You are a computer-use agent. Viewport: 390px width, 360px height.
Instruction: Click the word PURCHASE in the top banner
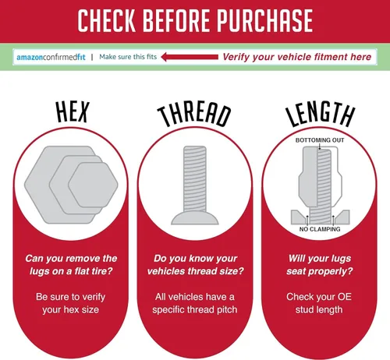(x=264, y=21)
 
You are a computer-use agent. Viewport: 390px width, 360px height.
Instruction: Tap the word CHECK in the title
(x=107, y=21)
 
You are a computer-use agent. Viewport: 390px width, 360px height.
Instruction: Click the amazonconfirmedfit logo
(x=51, y=57)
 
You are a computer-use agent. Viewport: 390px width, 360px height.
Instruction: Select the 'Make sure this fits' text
(x=128, y=57)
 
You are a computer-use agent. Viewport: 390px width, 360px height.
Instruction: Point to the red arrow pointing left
(x=190, y=57)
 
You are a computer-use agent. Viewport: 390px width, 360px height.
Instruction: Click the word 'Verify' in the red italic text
(x=236, y=57)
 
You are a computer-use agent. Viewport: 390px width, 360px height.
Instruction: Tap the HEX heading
(x=73, y=112)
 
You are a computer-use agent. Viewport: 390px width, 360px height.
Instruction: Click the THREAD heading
(x=194, y=115)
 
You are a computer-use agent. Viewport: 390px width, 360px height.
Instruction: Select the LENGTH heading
(x=321, y=114)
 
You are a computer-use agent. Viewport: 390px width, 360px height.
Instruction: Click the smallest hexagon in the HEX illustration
(x=93, y=185)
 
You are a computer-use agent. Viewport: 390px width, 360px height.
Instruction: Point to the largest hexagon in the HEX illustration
(x=39, y=185)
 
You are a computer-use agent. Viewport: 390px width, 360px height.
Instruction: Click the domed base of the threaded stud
(x=195, y=217)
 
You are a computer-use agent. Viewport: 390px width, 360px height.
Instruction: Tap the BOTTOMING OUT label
(x=320, y=140)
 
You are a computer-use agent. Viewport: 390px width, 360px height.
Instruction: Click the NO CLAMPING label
(x=320, y=229)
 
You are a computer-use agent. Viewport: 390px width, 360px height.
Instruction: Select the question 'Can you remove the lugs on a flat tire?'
(x=71, y=265)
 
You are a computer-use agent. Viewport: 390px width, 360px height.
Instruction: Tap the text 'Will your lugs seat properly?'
(x=320, y=265)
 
